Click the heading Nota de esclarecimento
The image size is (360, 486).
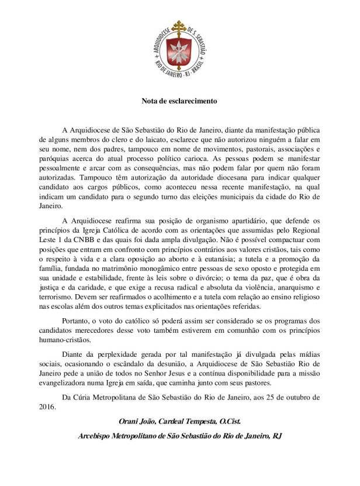[x=179, y=101]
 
